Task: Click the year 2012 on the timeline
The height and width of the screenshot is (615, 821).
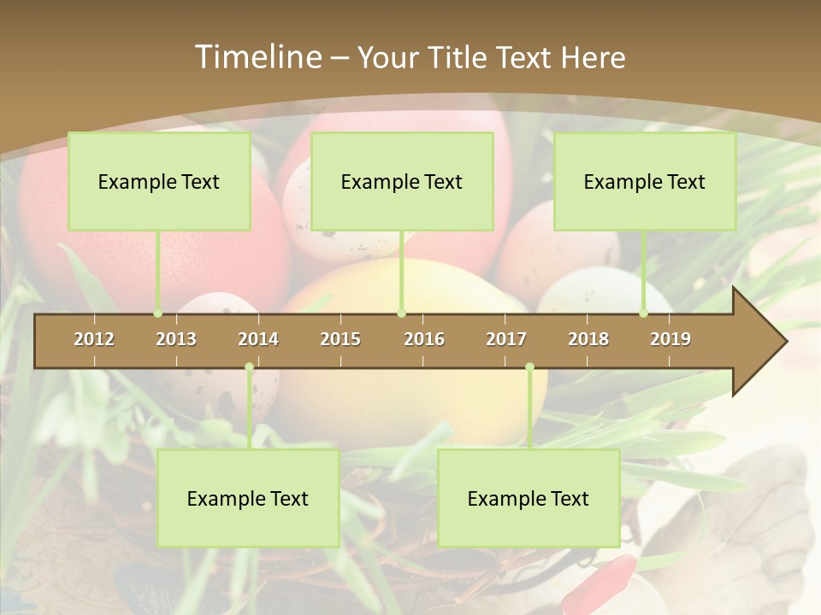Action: click(94, 339)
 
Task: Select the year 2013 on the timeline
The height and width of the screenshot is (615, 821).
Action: click(176, 339)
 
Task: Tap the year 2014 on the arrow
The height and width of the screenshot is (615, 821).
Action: click(258, 339)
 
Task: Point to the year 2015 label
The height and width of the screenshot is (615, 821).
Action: click(340, 339)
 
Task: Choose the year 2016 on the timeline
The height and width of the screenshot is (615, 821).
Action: click(424, 339)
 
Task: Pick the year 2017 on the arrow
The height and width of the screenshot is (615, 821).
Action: click(506, 339)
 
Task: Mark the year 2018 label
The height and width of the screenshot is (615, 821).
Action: click(588, 339)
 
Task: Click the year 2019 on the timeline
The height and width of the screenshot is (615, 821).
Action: click(670, 339)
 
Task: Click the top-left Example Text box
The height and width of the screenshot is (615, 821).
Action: click(159, 181)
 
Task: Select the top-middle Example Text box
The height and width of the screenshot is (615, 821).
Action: click(402, 181)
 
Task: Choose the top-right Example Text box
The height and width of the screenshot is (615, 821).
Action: click(645, 181)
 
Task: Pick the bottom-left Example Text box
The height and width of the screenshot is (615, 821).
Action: click(248, 498)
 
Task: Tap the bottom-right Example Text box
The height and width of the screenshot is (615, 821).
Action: click(529, 498)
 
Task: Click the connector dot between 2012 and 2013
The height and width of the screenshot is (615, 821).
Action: click(157, 313)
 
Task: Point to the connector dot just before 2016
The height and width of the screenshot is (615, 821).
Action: click(402, 313)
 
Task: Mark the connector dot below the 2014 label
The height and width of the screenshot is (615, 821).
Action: click(250, 367)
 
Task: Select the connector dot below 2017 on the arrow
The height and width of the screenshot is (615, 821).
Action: click(530, 367)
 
